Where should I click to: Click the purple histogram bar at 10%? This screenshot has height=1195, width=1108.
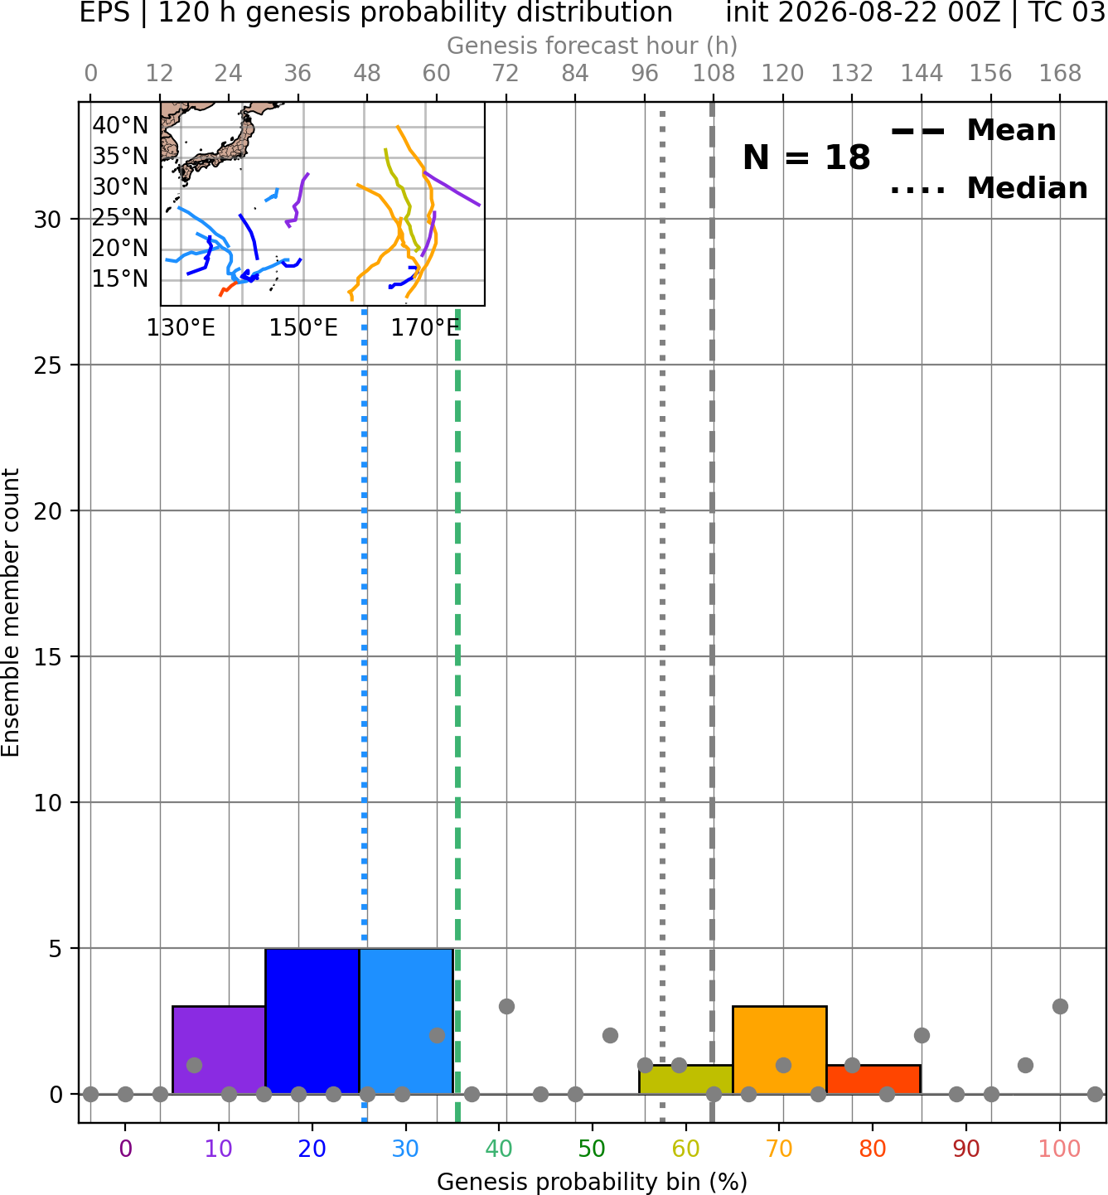(219, 1049)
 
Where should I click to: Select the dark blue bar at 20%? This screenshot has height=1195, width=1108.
(312, 1021)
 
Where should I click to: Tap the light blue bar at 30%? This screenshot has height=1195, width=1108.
(406, 1021)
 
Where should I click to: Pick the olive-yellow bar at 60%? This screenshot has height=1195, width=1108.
(686, 1080)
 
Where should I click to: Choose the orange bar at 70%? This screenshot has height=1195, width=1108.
(780, 1049)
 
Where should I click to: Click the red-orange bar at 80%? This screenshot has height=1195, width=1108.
(873, 1080)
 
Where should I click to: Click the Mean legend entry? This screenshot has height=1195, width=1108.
(973, 131)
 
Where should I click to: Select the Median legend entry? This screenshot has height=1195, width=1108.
(989, 188)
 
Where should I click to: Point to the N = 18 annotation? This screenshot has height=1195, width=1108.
(806, 157)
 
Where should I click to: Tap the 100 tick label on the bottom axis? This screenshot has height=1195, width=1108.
(1060, 1149)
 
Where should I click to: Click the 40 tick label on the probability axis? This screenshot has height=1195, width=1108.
(499, 1149)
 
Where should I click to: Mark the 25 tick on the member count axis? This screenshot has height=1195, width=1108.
(48, 365)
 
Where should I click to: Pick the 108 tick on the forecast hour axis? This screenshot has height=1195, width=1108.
(714, 74)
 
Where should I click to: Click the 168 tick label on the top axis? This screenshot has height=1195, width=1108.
(1060, 74)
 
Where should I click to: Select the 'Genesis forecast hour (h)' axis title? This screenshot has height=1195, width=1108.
(593, 46)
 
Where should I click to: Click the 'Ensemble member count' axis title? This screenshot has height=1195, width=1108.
(10, 612)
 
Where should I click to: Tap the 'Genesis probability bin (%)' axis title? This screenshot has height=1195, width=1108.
(593, 1182)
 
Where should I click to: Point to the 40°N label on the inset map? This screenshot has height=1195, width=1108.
(120, 125)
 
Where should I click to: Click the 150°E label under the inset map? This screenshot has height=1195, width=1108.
(303, 328)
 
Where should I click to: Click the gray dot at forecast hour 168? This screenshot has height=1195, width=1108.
(1060, 1006)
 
